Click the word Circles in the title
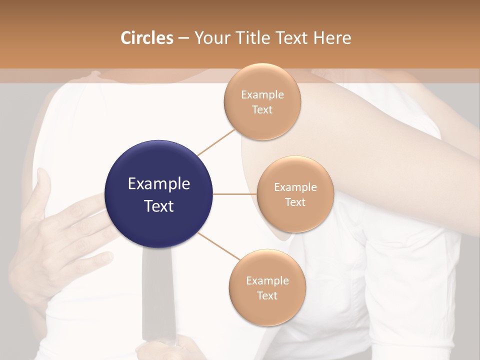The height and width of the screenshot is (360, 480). (146, 38)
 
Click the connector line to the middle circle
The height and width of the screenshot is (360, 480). (235, 194)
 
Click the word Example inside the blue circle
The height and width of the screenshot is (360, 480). (158, 184)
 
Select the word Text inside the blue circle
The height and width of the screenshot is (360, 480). (158, 206)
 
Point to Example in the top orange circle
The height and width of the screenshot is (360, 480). (262, 95)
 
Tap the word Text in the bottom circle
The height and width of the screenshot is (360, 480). (267, 296)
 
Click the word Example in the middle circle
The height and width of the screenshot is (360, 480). (295, 187)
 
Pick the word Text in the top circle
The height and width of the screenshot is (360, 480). (262, 110)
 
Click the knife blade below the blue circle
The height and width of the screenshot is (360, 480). (157, 295)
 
